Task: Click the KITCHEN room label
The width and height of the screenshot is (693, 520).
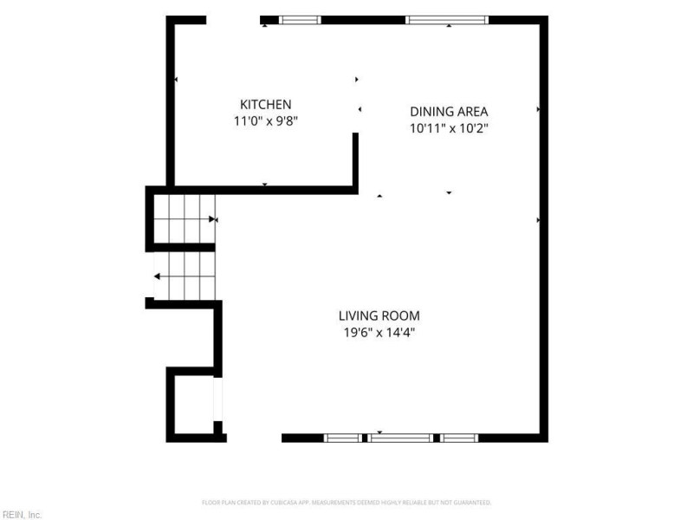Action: [266, 105]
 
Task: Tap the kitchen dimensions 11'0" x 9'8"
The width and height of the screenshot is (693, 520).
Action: [266, 121]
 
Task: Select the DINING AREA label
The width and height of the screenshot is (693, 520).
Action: [449, 112]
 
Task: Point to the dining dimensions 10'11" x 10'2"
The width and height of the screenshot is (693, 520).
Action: [449, 128]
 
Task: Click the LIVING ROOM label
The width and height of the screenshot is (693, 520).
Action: [379, 316]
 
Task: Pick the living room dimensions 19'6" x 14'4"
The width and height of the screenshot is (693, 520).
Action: [379, 333]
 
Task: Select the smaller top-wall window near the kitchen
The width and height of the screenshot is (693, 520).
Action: [300, 20]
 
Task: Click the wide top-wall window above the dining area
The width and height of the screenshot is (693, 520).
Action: [447, 20]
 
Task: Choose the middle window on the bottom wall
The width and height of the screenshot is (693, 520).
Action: [400, 439]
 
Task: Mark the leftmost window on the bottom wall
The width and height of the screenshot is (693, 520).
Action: [342, 439]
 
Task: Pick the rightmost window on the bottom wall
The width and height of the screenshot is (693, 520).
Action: [459, 439]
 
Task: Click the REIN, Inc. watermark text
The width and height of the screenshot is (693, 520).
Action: [21, 515]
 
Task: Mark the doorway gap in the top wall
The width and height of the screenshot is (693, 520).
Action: [233, 20]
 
